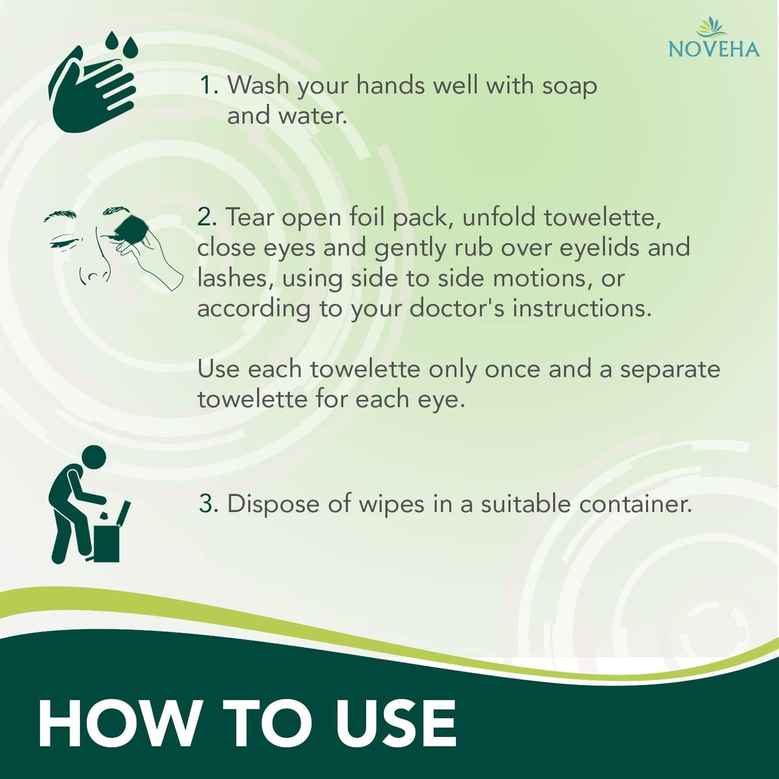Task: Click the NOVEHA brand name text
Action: [714, 49]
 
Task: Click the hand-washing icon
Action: [92, 92]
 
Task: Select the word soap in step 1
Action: [569, 86]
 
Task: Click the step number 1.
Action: [207, 86]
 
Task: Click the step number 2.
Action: [206, 217]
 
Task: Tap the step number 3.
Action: [208, 504]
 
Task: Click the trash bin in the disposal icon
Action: [107, 542]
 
